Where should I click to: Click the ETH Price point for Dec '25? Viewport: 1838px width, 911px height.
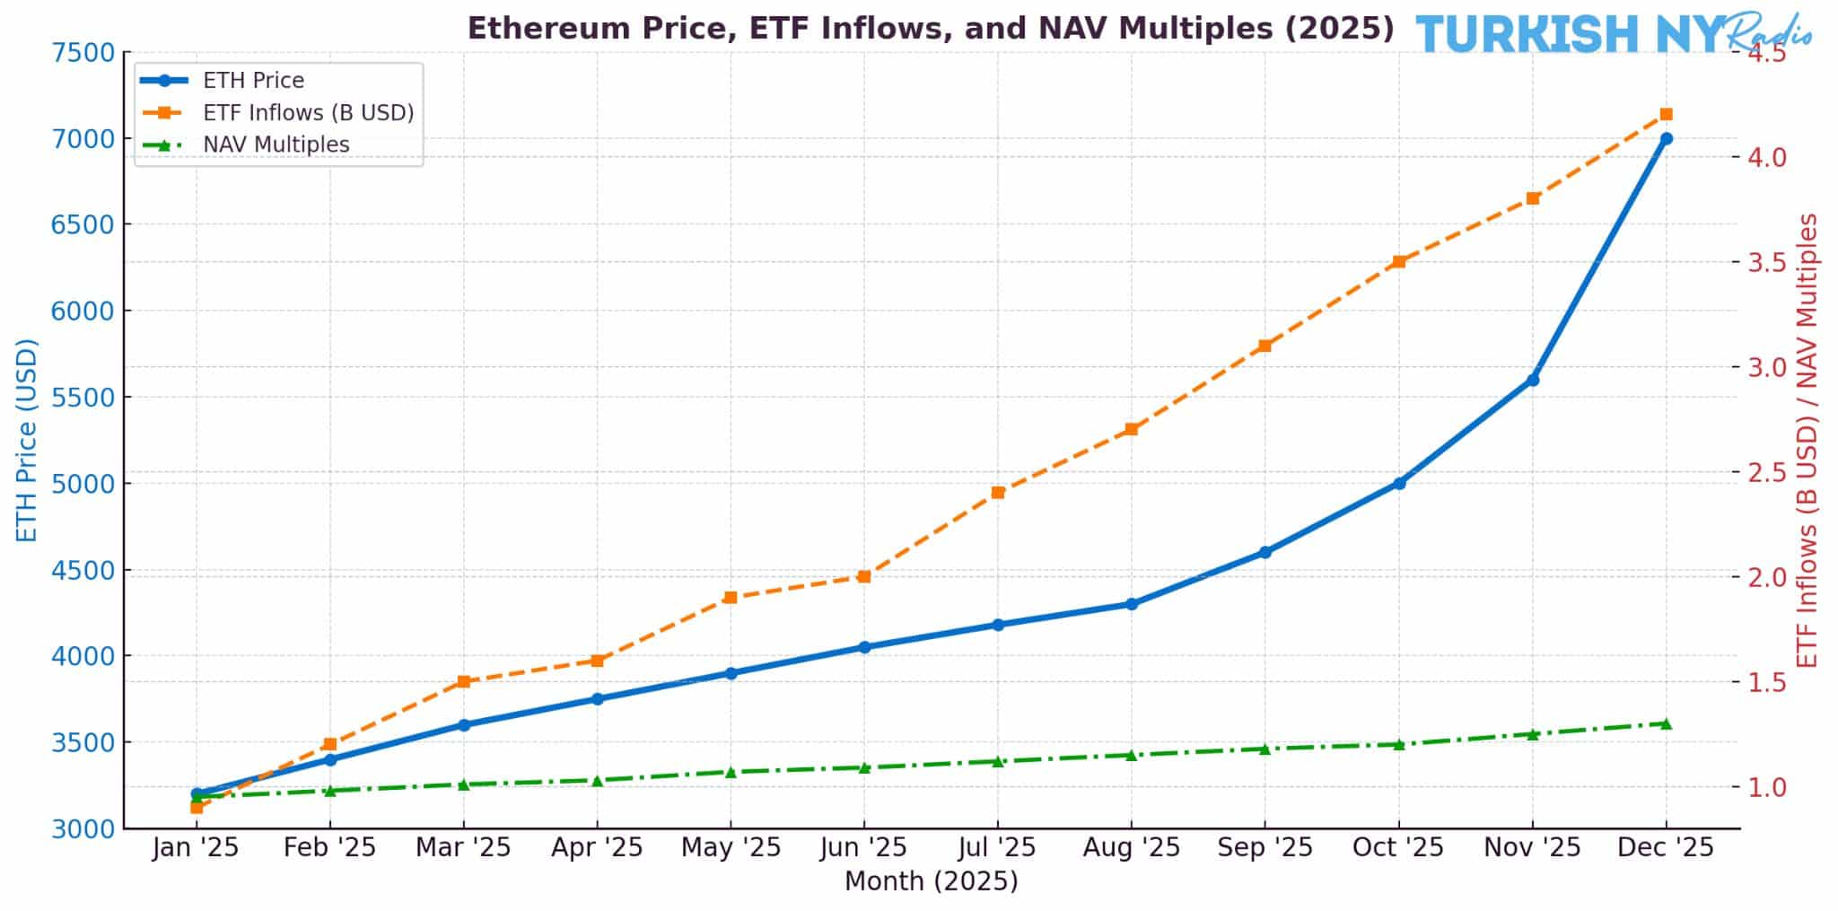(x=1666, y=138)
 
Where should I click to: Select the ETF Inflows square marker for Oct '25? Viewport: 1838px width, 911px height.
(x=1398, y=262)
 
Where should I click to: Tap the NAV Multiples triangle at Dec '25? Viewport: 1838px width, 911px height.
(x=1666, y=723)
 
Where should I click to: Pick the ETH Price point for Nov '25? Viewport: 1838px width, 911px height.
(x=1533, y=380)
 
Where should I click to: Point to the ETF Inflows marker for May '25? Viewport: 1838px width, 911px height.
(x=730, y=597)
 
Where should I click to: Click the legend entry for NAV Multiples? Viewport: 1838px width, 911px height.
(x=276, y=145)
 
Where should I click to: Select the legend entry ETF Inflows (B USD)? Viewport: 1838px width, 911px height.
(x=308, y=112)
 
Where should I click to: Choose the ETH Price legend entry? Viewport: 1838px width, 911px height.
(x=253, y=81)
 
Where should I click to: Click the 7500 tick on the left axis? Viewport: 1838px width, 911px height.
(x=83, y=53)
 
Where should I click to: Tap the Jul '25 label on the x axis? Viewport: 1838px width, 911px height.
(x=997, y=847)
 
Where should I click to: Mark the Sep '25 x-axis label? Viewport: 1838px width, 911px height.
(x=1265, y=847)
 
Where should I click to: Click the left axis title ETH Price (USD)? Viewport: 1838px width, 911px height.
(x=27, y=440)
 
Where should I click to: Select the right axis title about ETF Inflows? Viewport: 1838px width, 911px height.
(x=1807, y=440)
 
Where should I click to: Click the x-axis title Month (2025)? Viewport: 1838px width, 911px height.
(x=931, y=881)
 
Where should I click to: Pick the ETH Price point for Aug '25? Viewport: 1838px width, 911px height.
(x=1131, y=604)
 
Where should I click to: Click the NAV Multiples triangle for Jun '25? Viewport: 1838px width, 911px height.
(x=863, y=767)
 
